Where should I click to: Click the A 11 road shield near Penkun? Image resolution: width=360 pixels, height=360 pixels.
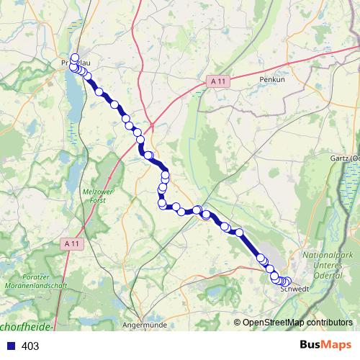(x=219, y=81)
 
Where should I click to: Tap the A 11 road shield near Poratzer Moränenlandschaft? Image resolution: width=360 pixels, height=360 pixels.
(x=71, y=244)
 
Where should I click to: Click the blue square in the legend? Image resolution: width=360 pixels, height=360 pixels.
(x=9, y=346)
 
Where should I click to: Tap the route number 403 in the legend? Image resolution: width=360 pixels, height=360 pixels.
(x=31, y=346)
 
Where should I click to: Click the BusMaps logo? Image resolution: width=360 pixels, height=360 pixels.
(x=325, y=346)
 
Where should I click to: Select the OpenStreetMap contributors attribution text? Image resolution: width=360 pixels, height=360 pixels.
(x=297, y=322)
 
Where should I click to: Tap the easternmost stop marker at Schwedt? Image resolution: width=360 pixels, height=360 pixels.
(x=288, y=282)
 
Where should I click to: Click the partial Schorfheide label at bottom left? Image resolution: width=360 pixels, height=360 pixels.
(x=27, y=327)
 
